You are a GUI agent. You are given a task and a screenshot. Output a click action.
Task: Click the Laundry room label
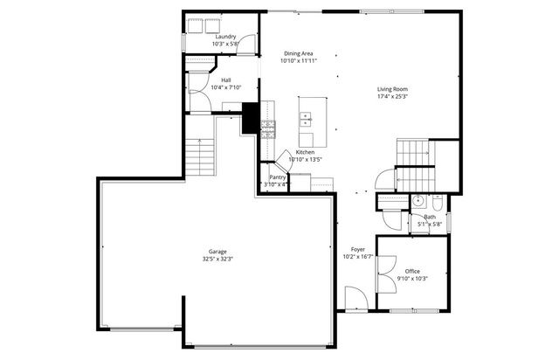[x=224, y=36]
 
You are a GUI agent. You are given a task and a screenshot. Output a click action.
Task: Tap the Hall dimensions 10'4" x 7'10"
[x=225, y=87]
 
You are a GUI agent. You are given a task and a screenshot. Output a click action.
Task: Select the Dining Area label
[x=299, y=53]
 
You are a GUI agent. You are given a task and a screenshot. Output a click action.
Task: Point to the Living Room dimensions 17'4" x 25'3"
[x=392, y=97]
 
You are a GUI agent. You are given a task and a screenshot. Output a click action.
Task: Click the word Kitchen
[x=305, y=152]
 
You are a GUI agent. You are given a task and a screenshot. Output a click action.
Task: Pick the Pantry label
[x=277, y=177]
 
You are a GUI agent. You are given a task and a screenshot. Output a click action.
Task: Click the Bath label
[x=430, y=217]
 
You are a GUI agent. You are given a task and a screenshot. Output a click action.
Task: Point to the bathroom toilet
[x=438, y=202]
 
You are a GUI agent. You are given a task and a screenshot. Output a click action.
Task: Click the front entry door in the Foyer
[x=355, y=299]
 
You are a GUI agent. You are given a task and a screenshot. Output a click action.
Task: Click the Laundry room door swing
[x=249, y=41]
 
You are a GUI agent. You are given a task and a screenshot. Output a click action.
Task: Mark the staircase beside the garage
[x=201, y=157]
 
